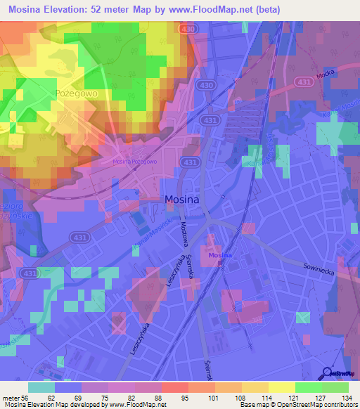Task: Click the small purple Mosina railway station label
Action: pyautogui.click(x=220, y=255)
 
